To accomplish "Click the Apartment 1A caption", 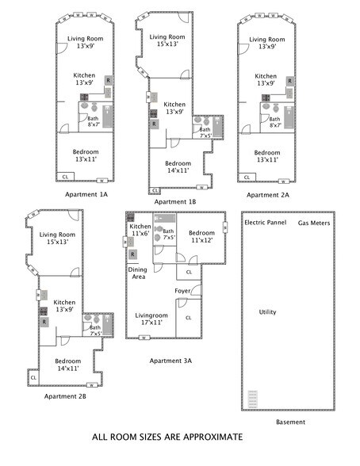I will [x=86, y=193].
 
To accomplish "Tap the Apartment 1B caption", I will [x=175, y=201].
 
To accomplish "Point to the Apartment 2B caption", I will [x=65, y=395].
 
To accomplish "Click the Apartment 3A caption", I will [x=170, y=360].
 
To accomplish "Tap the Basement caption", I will [x=290, y=422].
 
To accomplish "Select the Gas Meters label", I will [x=314, y=223].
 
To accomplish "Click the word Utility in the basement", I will [x=268, y=311].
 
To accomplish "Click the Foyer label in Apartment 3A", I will [x=183, y=291].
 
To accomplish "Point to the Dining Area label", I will [x=137, y=273].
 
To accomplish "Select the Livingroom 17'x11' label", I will [x=151, y=319].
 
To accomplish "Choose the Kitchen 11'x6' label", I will [x=140, y=231].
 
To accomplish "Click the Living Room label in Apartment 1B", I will [x=167, y=41].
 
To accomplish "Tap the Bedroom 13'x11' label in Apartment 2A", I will [x=267, y=156].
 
